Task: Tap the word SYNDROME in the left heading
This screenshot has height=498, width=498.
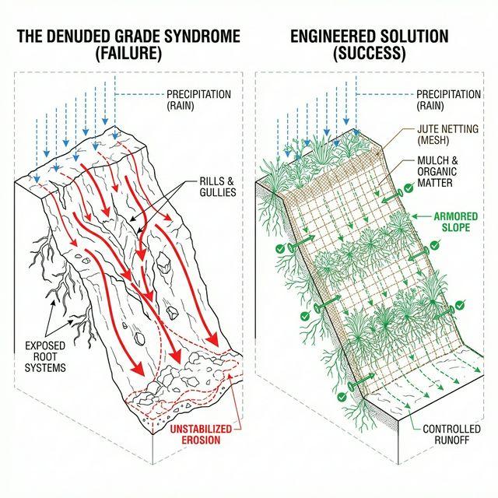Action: (198, 37)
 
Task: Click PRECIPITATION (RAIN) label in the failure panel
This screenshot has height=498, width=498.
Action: (198, 100)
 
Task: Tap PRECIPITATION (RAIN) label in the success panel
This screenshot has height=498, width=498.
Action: (448, 100)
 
